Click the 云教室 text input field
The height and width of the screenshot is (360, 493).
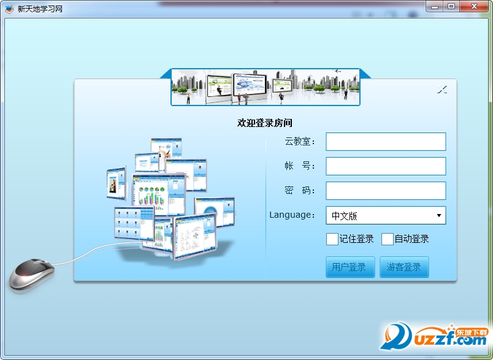(386, 142)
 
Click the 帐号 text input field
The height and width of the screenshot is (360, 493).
(386, 166)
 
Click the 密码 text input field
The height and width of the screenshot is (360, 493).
(386, 191)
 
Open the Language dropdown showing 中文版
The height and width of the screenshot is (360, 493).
(386, 215)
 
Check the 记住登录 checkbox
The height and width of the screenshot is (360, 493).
(332, 239)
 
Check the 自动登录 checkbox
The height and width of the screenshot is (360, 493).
(388, 239)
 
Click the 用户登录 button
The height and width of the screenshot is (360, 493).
(350, 267)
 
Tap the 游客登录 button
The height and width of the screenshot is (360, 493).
(404, 267)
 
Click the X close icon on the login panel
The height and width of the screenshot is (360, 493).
(442, 90)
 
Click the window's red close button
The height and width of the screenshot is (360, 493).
(475, 6)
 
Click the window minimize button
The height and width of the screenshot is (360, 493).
(435, 6)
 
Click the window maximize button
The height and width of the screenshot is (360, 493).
(451, 6)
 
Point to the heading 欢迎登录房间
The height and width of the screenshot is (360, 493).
(265, 123)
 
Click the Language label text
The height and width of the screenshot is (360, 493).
(292, 215)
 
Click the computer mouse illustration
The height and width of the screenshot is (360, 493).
(31, 274)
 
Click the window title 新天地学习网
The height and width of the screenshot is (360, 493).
(40, 9)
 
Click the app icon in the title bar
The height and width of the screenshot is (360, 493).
(9, 9)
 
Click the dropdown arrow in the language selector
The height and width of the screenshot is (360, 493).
(439, 215)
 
